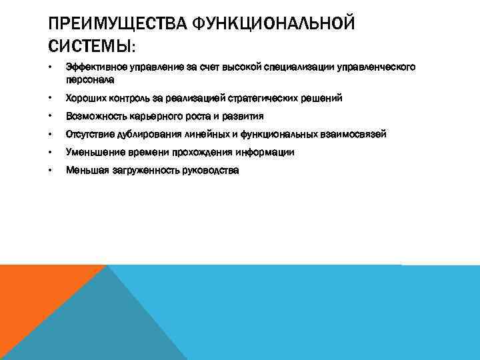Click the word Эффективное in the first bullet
[x=91, y=67]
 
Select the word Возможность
[x=93, y=116]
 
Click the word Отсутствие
[x=89, y=134]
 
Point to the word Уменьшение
[x=93, y=152]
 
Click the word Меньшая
[x=85, y=171]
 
